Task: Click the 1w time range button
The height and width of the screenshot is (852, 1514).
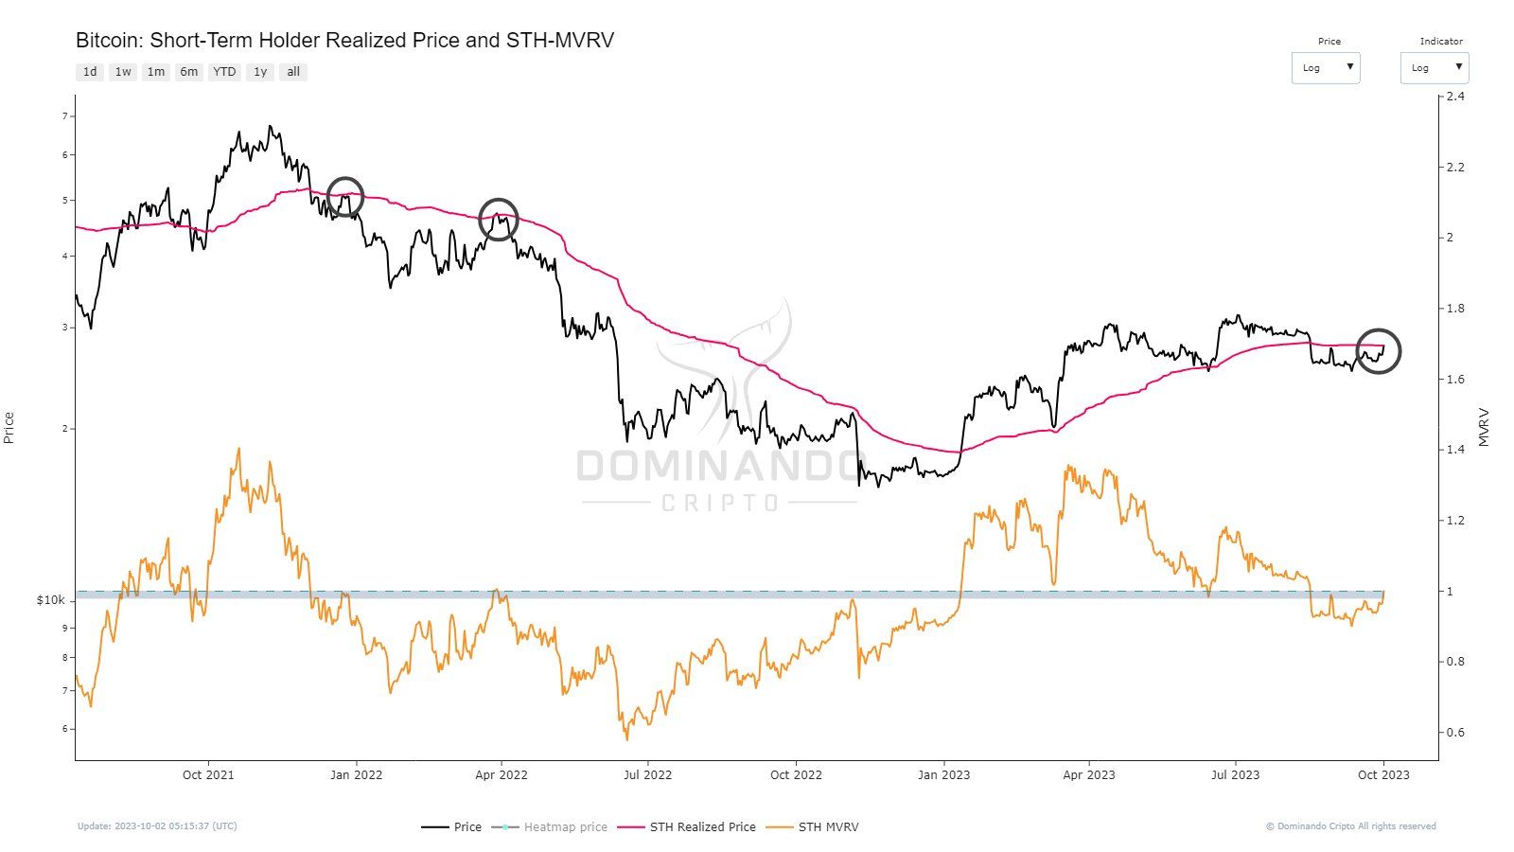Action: tap(123, 72)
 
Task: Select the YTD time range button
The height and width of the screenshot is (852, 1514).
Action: tap(224, 72)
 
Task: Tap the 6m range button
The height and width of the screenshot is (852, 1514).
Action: tap(189, 72)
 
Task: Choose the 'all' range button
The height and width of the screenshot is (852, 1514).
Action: tap(293, 72)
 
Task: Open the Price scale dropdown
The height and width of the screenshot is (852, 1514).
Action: tap(1326, 68)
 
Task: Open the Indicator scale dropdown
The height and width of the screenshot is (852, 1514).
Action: tap(1435, 68)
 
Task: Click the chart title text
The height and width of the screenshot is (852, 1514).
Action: tap(344, 41)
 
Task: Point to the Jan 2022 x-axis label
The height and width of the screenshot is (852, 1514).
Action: tap(356, 774)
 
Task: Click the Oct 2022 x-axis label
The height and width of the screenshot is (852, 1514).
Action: tap(796, 774)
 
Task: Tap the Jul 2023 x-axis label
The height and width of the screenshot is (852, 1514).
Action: tap(1235, 774)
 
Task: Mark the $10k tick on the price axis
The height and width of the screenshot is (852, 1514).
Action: tap(51, 600)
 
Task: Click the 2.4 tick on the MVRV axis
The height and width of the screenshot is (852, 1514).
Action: tap(1455, 97)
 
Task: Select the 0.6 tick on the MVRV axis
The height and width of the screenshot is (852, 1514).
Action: tap(1455, 732)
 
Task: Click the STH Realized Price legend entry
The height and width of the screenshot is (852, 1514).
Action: tap(702, 826)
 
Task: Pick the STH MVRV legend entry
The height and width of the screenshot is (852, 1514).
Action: tap(828, 826)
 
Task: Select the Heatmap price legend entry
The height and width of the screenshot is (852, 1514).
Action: tap(565, 826)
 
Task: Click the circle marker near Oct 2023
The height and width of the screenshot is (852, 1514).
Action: tap(1378, 351)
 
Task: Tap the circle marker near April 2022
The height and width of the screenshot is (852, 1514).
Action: tap(498, 219)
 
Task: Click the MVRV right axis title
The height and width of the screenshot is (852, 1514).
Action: tap(1484, 427)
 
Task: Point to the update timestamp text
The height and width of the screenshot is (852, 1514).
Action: tap(157, 826)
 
